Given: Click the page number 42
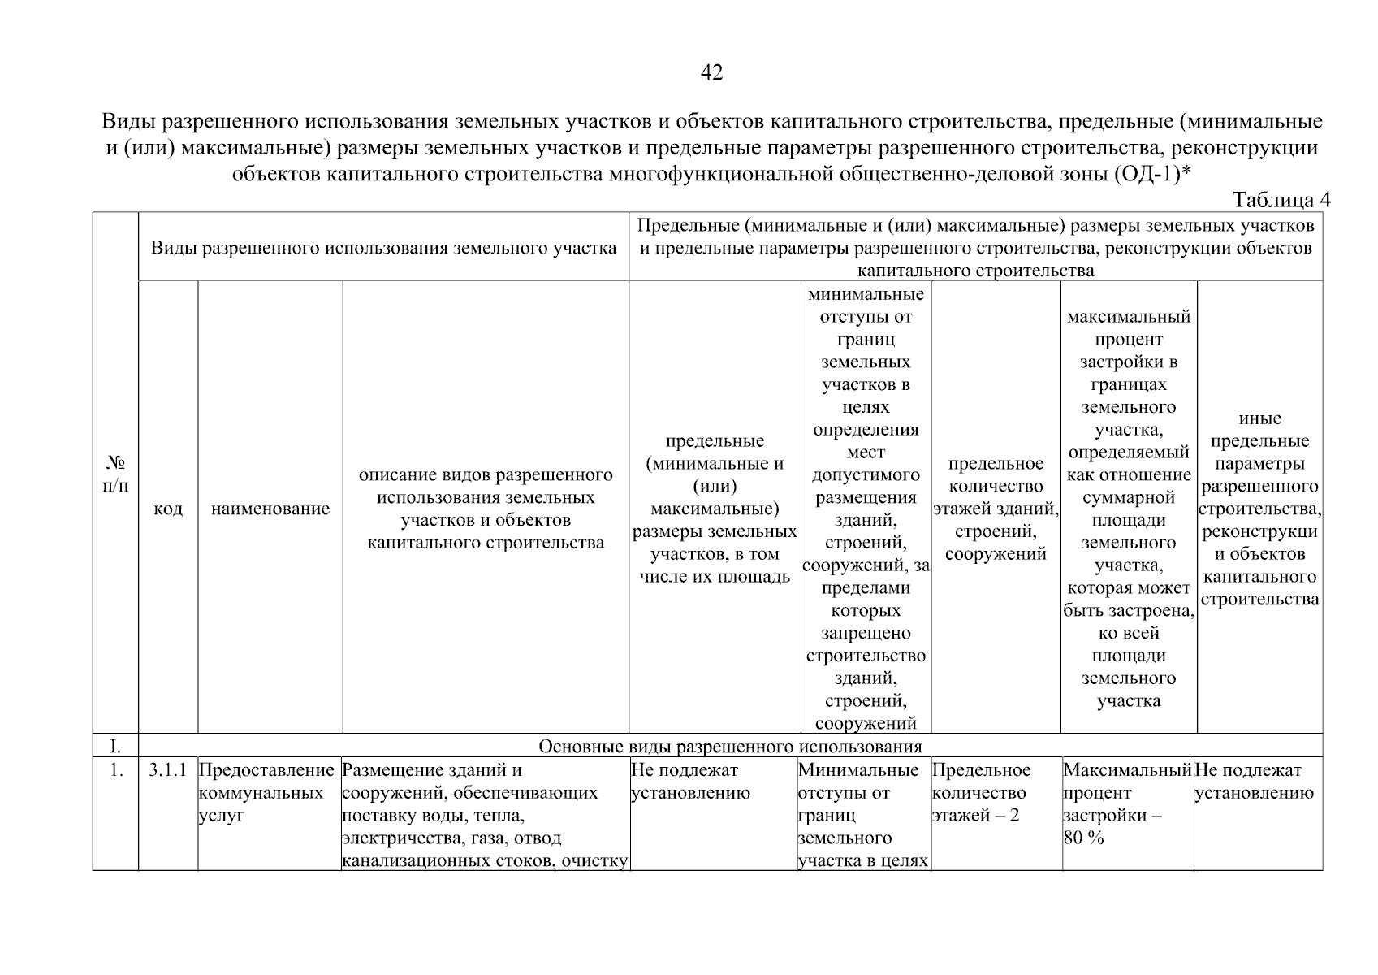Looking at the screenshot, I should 711,73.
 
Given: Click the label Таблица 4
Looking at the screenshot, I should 1281,200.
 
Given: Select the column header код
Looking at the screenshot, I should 168,509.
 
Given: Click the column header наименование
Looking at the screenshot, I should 270,509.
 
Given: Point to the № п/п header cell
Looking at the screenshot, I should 116,474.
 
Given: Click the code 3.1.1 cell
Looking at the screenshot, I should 168,770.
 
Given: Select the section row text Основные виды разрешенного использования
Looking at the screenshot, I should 730,747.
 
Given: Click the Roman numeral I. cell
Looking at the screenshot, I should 116,747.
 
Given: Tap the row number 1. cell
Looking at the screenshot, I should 116,770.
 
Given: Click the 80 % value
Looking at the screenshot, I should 1084,838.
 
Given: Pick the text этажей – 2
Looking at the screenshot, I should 976,816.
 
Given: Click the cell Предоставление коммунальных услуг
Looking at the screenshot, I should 267,793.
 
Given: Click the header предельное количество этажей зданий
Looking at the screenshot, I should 996,509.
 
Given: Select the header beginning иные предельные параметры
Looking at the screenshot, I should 1259,509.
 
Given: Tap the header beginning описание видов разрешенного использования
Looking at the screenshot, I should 486,509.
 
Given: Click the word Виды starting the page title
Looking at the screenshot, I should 127,123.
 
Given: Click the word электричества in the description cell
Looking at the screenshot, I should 396,838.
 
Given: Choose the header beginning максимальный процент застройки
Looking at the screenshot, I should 1128,509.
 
